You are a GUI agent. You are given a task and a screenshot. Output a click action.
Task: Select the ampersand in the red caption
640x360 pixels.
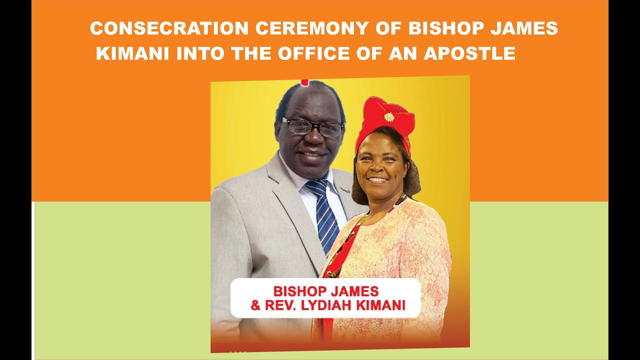coord(255,305)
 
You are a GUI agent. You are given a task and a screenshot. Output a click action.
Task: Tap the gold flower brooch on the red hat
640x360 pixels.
coord(389,117)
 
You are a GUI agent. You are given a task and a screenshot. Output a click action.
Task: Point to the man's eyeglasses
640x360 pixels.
coord(312,126)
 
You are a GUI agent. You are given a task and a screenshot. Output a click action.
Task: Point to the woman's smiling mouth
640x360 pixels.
coord(378,179)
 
